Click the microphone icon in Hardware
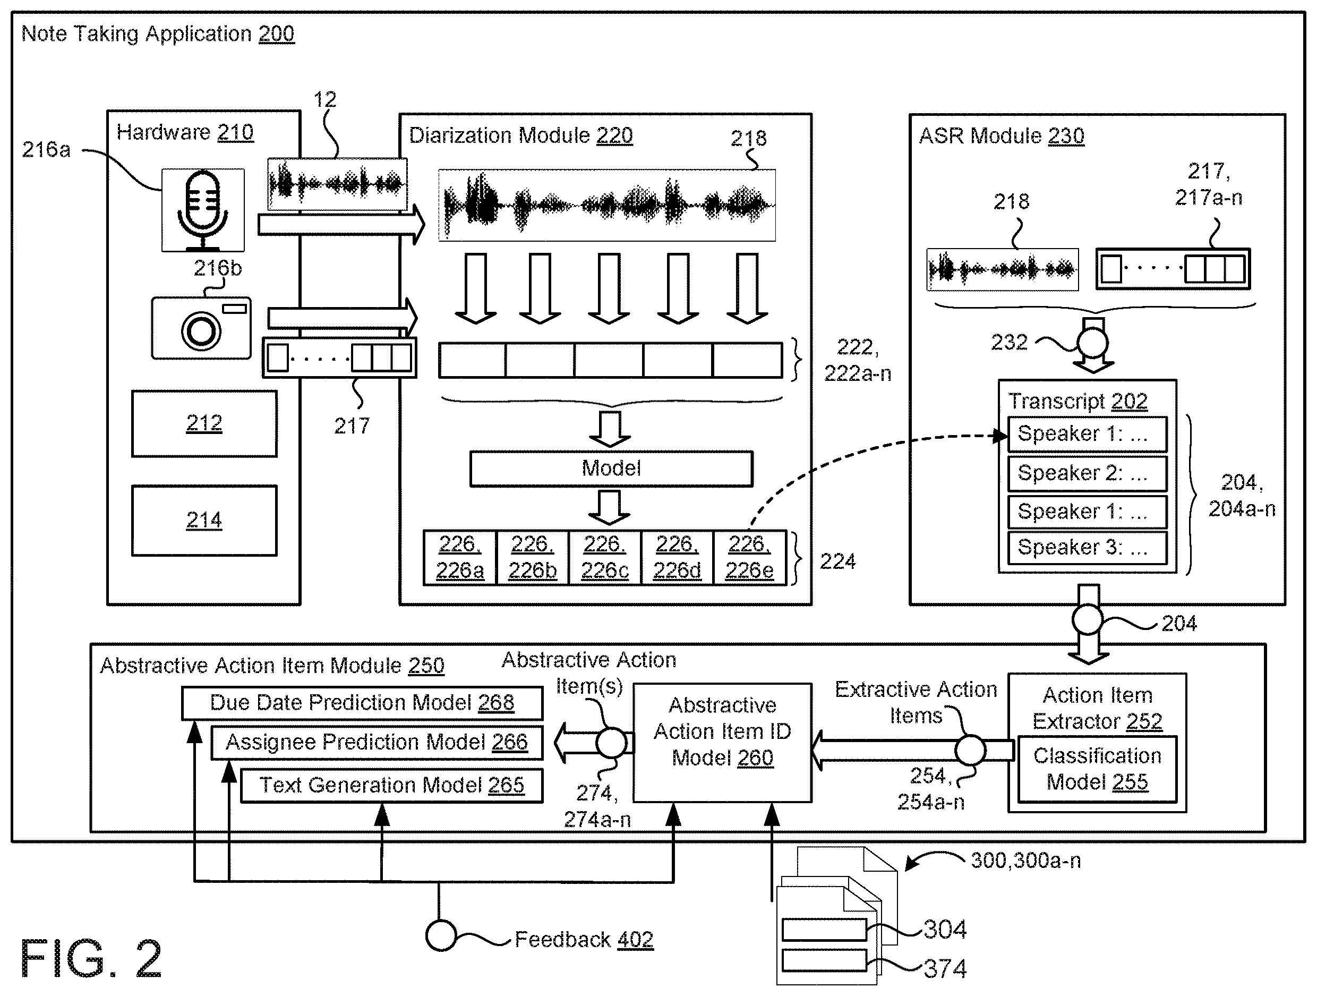pos(203,210)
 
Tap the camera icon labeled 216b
pos(201,328)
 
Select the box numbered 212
pos(204,423)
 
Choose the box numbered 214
pos(204,521)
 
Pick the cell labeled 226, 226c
pos(605,558)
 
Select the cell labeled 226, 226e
pos(750,558)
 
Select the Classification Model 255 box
pos(1097,769)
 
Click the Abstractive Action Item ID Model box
pos(722,742)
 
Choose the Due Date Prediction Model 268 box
pos(362,703)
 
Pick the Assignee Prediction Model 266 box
pos(377,742)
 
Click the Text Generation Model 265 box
pos(392,786)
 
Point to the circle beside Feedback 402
pos(441,936)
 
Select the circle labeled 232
pos(1092,343)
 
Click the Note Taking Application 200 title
pos(158,34)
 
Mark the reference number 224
pos(837,561)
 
